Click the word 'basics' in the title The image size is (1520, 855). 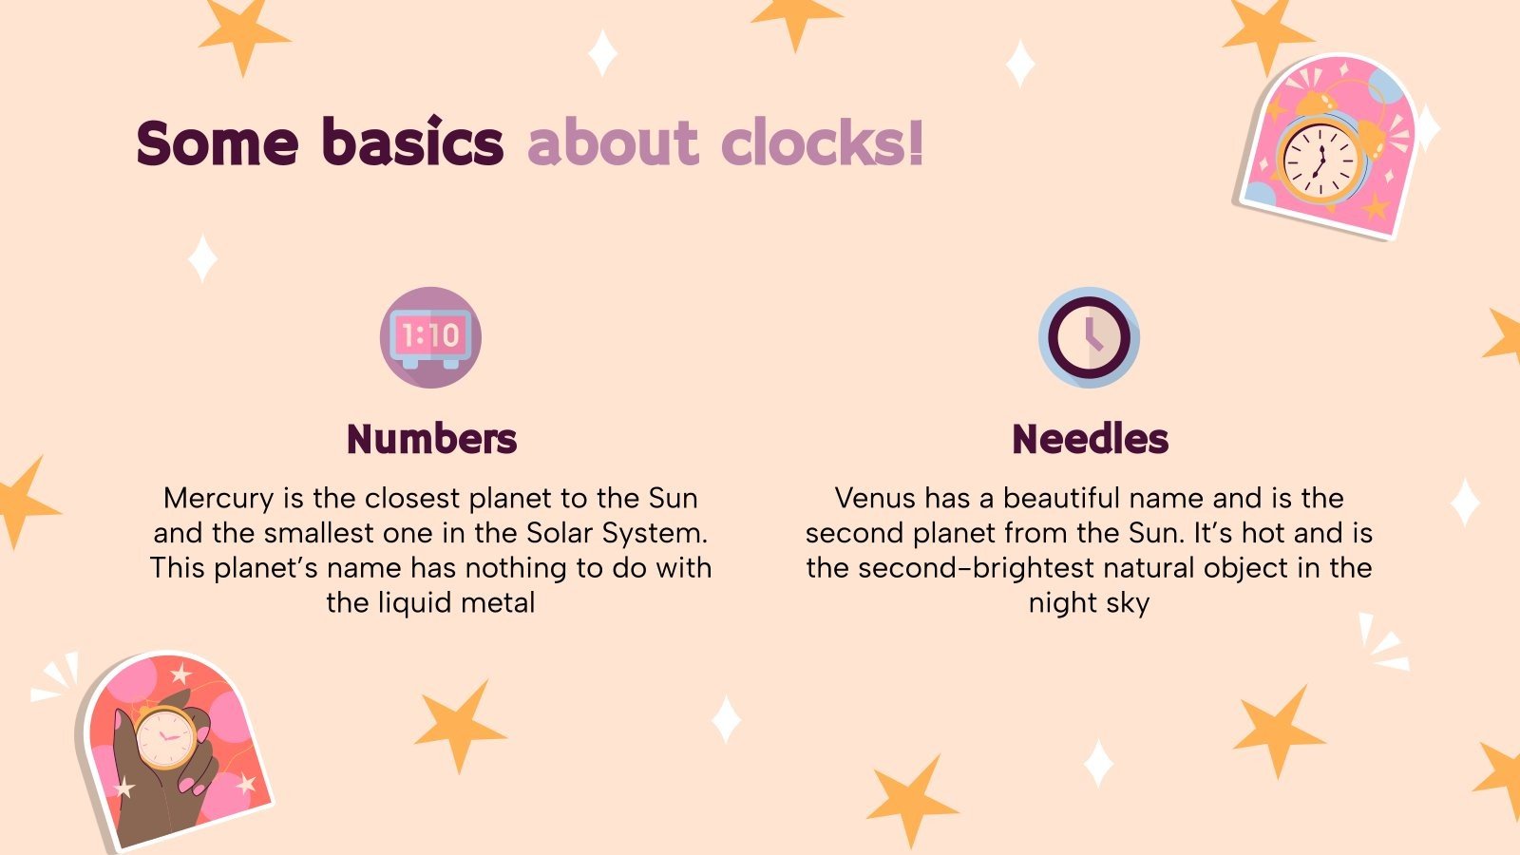pyautogui.click(x=412, y=142)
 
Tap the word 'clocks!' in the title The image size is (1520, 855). pyautogui.click(x=822, y=142)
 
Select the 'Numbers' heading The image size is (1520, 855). pyautogui.click(x=431, y=439)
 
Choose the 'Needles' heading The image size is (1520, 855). pyautogui.click(x=1090, y=439)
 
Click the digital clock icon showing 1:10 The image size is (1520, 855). pyautogui.click(x=430, y=337)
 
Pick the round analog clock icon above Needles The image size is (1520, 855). pyautogui.click(x=1089, y=337)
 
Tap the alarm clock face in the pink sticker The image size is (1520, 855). pyautogui.click(x=1320, y=158)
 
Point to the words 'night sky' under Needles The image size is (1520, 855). pyautogui.click(x=1089, y=603)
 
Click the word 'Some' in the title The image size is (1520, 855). pyautogui.click(x=218, y=142)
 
